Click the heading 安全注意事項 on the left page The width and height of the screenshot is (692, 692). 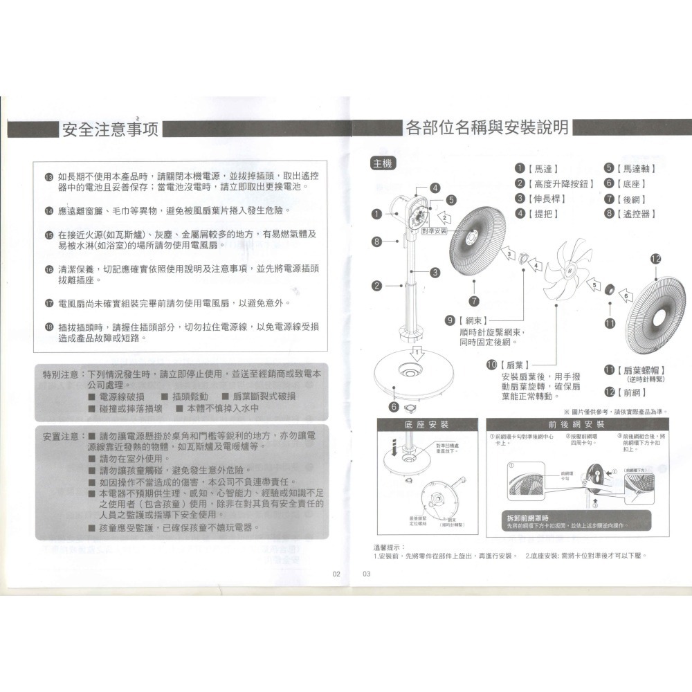[110, 129]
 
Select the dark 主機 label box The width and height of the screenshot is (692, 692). [382, 163]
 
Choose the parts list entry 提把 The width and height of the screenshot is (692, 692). [544, 213]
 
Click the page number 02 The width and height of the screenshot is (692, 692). [337, 573]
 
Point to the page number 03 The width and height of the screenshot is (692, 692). [367, 573]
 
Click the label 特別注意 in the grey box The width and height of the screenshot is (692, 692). [60, 374]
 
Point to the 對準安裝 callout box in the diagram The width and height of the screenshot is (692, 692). [434, 229]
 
